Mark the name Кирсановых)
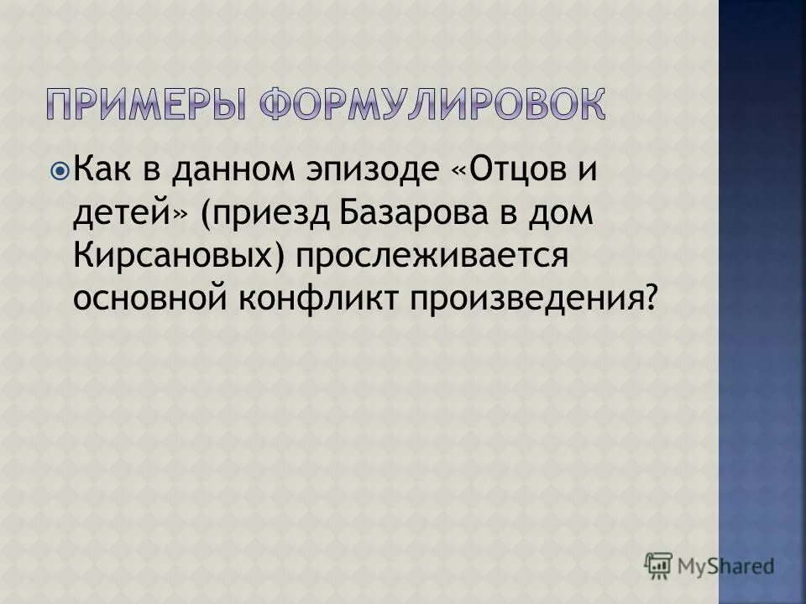(178, 256)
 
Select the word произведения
(525, 299)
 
